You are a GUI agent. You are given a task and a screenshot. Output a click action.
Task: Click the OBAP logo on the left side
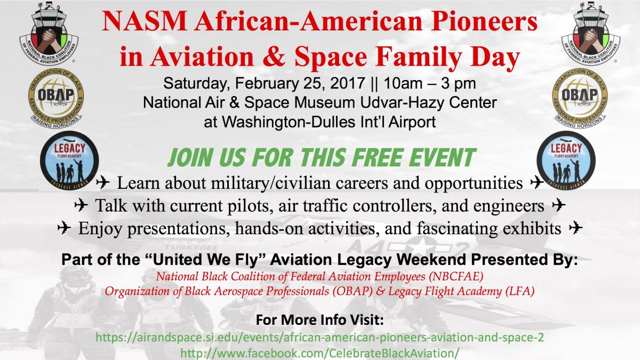(x=55, y=98)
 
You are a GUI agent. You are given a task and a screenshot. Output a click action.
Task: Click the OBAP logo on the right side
(x=580, y=98)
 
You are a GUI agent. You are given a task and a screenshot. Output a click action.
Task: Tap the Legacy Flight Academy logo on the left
(x=69, y=161)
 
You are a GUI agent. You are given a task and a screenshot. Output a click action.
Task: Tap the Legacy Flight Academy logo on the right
(x=566, y=161)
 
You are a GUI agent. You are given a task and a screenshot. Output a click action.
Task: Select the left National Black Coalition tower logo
(x=49, y=34)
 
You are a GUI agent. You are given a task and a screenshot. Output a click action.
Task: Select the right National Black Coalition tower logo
(x=591, y=34)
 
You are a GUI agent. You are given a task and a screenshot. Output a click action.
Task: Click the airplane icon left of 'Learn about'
(x=102, y=182)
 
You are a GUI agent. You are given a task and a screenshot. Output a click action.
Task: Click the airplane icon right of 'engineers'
(x=558, y=205)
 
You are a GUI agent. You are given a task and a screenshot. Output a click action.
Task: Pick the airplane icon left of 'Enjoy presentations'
(x=64, y=228)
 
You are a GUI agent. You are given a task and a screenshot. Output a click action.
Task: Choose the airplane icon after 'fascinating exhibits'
(x=575, y=228)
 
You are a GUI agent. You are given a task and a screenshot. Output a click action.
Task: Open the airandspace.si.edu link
(x=319, y=338)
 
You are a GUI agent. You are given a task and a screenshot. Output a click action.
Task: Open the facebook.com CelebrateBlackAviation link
(x=320, y=354)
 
